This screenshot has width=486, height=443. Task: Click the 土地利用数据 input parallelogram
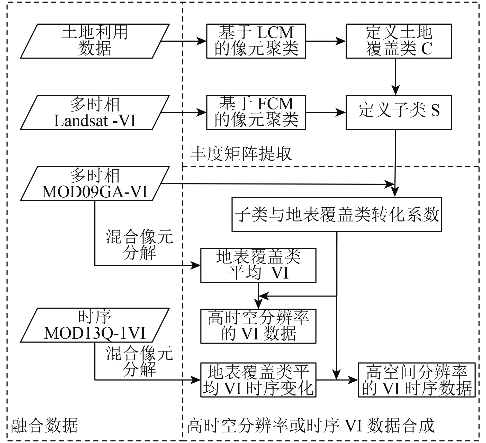click(95, 41)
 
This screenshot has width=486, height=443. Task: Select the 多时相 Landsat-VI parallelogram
click(95, 112)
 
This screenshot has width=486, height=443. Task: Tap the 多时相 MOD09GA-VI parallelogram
click(95, 183)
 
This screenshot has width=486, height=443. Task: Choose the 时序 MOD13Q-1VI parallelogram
click(95, 325)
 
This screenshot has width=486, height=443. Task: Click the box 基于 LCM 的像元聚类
click(256, 41)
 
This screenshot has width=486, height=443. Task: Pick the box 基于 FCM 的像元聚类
click(256, 112)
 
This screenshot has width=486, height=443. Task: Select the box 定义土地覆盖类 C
click(399, 41)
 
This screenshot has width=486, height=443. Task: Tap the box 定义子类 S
click(399, 112)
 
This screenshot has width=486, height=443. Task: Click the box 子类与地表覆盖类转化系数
click(337, 214)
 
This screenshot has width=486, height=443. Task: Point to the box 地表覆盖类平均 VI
click(258, 265)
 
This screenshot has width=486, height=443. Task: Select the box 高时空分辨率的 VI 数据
click(258, 326)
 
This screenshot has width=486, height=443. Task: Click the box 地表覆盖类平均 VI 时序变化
click(258, 380)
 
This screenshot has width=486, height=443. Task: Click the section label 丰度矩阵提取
click(241, 154)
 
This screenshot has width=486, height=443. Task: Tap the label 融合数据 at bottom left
click(44, 426)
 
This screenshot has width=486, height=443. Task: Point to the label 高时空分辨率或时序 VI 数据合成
click(311, 426)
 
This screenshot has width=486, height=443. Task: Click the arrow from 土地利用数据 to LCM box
click(184, 41)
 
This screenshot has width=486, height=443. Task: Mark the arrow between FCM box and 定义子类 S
click(326, 112)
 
